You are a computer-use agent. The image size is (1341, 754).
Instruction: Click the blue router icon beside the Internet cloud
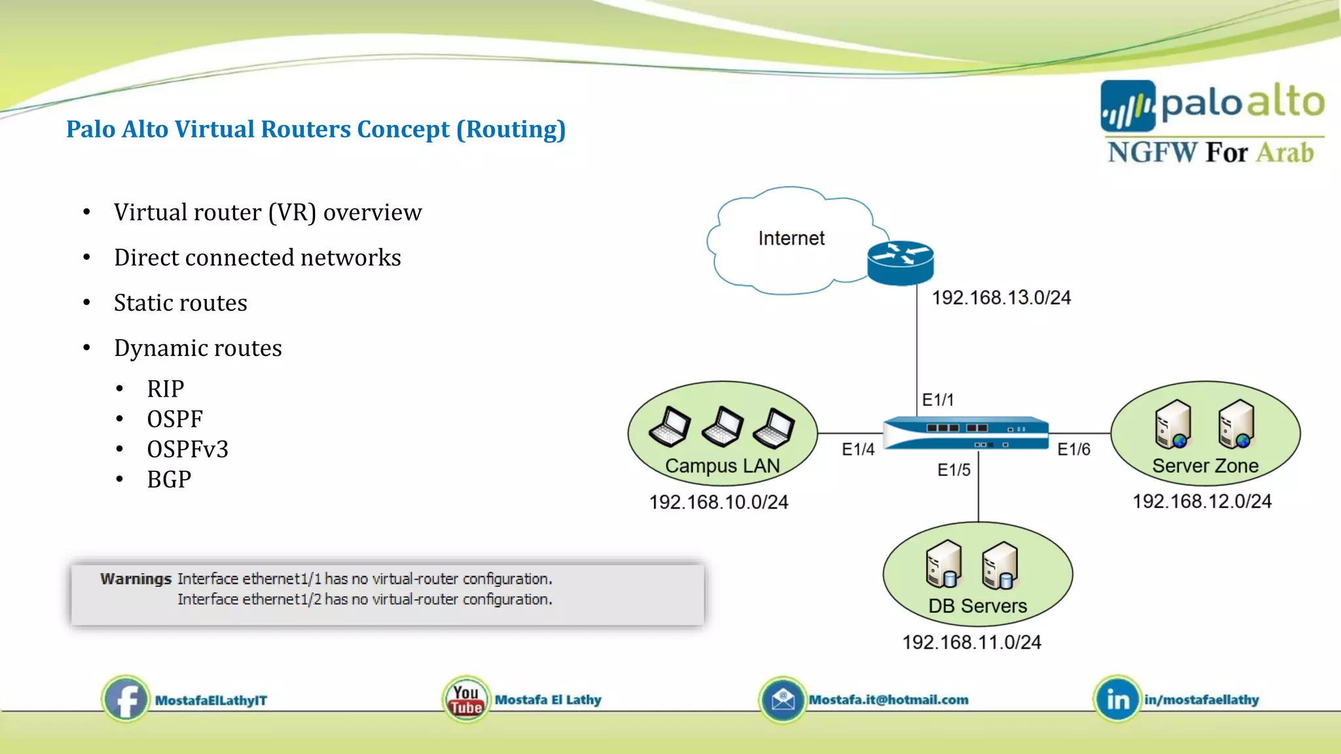pyautogui.click(x=900, y=263)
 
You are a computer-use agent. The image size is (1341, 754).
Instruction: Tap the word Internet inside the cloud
pyautogui.click(x=791, y=238)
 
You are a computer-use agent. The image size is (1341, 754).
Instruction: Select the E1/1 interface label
pyautogui.click(x=938, y=400)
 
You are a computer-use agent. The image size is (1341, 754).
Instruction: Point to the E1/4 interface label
pyautogui.click(x=858, y=450)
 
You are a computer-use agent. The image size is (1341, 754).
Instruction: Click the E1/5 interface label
pyautogui.click(x=953, y=470)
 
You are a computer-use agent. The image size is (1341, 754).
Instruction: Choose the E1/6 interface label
pyautogui.click(x=1074, y=450)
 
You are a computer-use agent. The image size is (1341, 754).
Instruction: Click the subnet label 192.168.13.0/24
pyautogui.click(x=1001, y=298)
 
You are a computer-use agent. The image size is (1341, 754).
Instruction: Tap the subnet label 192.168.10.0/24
pyautogui.click(x=718, y=502)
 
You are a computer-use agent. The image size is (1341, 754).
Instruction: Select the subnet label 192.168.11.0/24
pyautogui.click(x=971, y=642)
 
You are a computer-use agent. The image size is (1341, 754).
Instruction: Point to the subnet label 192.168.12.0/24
pyautogui.click(x=1202, y=501)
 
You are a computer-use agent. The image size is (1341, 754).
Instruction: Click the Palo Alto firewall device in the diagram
pyautogui.click(x=966, y=433)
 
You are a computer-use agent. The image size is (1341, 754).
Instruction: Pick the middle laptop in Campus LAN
pyautogui.click(x=722, y=427)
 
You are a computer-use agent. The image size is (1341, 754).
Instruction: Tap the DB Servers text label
pyautogui.click(x=977, y=606)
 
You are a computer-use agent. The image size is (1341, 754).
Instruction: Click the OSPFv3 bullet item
pyautogui.click(x=187, y=450)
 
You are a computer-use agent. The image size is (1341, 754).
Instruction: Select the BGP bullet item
pyautogui.click(x=169, y=480)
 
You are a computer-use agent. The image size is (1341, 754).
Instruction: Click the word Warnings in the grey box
pyautogui.click(x=136, y=579)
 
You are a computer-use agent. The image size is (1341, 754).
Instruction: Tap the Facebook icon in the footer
pyautogui.click(x=126, y=700)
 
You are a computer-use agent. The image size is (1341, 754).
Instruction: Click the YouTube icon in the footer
pyautogui.click(x=466, y=700)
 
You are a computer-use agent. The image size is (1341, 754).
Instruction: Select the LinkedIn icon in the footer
pyautogui.click(x=1117, y=700)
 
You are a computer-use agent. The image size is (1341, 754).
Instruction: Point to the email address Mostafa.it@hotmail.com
pyautogui.click(x=888, y=700)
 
